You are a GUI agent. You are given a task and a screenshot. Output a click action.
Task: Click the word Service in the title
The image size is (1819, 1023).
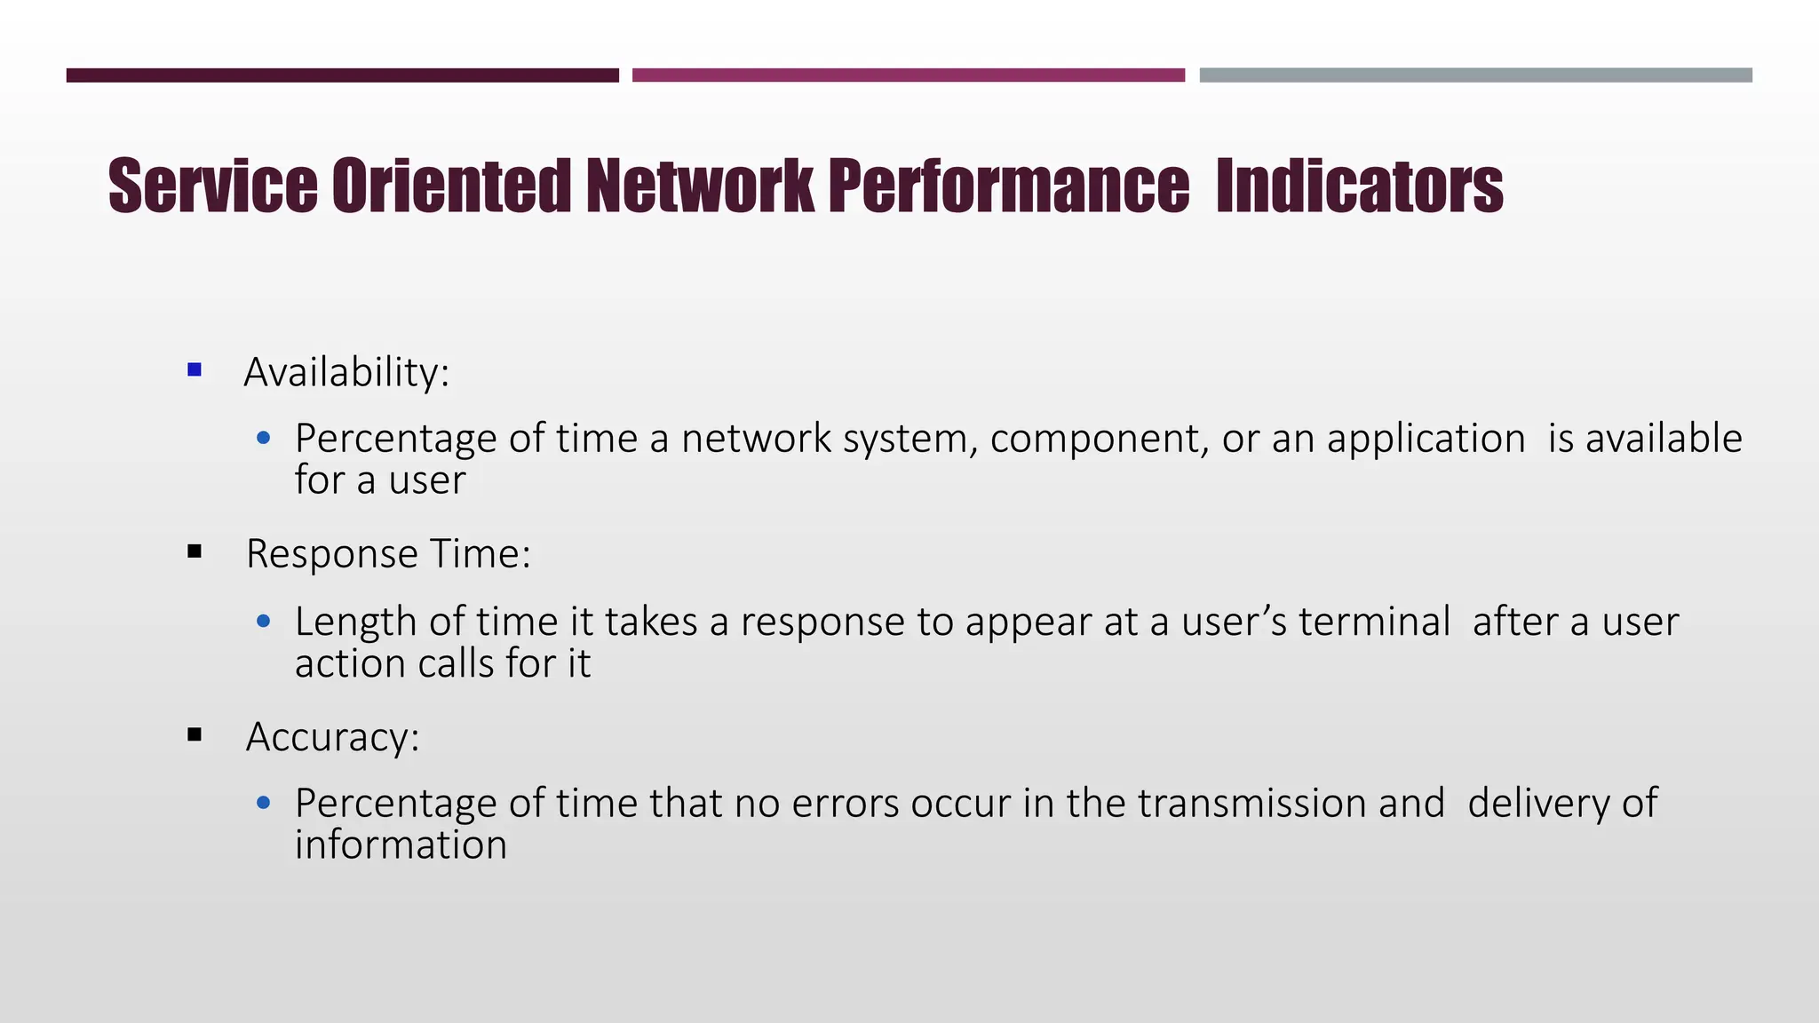[212, 186]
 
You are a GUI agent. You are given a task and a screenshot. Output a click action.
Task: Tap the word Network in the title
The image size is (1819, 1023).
[699, 186]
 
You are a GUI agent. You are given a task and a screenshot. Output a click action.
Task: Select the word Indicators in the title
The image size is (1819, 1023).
[1359, 186]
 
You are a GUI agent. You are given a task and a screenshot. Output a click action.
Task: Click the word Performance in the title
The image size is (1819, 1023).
[1008, 186]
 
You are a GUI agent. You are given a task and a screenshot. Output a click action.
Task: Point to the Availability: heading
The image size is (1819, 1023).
[346, 371]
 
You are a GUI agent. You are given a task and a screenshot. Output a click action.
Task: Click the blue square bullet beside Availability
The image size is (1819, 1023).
[195, 369]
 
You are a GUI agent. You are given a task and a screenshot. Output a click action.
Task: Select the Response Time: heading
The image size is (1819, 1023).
[388, 554]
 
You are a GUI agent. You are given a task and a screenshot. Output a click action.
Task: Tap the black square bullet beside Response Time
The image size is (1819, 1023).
[195, 552]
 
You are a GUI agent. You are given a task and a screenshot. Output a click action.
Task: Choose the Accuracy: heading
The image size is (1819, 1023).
[332, 737]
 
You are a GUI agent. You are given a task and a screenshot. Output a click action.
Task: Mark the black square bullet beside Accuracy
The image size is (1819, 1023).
[195, 735]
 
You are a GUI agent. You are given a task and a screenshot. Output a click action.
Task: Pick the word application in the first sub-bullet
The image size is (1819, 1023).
[1426, 439]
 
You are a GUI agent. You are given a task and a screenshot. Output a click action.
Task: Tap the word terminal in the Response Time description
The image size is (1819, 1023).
[1374, 622]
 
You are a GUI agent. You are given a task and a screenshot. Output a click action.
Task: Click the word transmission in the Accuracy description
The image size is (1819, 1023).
[1251, 804]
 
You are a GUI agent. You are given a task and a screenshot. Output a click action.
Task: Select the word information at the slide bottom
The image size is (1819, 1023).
[401, 845]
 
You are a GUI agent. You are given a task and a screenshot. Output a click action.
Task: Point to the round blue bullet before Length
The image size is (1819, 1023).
[263, 622]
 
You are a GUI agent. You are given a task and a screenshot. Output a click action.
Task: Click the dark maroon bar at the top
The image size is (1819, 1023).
[342, 75]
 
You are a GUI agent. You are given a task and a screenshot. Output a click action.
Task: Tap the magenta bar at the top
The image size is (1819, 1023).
[909, 75]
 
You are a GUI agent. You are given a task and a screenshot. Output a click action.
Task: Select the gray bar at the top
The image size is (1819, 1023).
[1475, 75]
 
